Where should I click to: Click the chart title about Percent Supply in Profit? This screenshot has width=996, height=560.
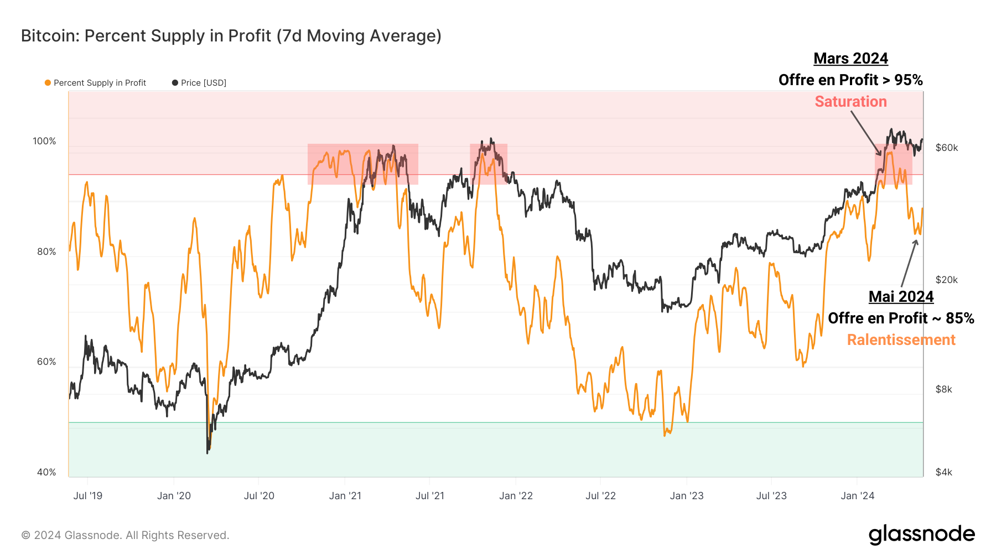click(231, 36)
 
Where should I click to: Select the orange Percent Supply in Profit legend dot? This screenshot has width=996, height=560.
click(48, 83)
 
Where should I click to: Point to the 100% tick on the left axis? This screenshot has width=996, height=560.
click(44, 142)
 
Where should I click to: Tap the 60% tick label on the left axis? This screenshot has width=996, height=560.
click(46, 362)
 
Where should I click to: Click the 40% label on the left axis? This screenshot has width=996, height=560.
click(46, 472)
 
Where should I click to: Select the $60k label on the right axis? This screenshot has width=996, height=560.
click(946, 148)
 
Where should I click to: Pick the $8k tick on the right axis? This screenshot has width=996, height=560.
click(943, 389)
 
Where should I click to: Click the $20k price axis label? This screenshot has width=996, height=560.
click(946, 280)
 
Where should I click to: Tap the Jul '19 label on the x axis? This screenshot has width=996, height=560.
click(87, 496)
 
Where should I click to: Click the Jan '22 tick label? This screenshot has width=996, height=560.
click(515, 496)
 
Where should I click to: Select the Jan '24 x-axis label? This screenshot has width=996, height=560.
click(857, 496)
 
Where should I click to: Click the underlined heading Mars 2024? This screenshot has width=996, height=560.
click(850, 59)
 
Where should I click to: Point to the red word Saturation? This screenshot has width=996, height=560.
click(850, 102)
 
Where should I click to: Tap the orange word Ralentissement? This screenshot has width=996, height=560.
click(901, 340)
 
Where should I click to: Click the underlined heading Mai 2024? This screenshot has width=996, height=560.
click(901, 297)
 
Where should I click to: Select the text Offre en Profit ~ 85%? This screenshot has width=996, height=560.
click(901, 318)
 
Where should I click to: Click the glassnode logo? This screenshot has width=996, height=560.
click(921, 535)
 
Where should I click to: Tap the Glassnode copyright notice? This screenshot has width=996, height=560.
click(125, 535)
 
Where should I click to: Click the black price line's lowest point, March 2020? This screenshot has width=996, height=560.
click(207, 453)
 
